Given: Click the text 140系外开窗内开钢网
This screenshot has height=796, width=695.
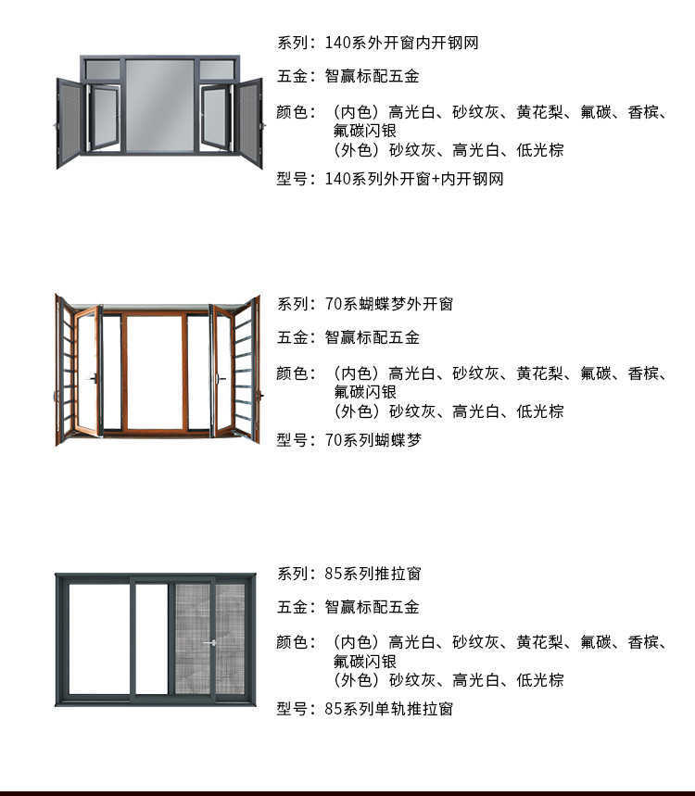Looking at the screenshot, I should click(401, 43).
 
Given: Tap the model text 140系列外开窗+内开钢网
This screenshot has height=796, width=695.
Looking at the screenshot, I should click(414, 179).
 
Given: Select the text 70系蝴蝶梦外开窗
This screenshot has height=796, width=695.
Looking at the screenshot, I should click(388, 304).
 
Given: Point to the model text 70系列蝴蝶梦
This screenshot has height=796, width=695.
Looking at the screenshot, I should click(373, 440).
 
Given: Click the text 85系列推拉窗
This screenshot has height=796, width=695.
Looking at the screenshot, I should click(373, 574).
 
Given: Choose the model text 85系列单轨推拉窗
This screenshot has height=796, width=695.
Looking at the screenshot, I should click(388, 709).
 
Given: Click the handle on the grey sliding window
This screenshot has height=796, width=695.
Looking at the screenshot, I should click(211, 642).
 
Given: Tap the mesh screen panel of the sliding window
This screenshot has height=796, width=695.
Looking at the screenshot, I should click(192, 638).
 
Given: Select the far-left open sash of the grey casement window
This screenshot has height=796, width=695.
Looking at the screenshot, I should click(69, 122).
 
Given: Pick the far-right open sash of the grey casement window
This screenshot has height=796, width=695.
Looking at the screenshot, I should click(248, 122).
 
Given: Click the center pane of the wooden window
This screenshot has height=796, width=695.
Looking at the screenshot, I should click(154, 373).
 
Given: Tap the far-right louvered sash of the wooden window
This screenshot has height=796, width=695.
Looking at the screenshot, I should click(246, 369).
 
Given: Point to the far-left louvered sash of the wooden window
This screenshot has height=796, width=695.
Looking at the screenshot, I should click(65, 369).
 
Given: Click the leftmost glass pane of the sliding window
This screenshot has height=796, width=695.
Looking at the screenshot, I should click(99, 638).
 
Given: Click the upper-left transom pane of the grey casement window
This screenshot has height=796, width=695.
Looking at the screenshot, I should click(102, 70).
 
